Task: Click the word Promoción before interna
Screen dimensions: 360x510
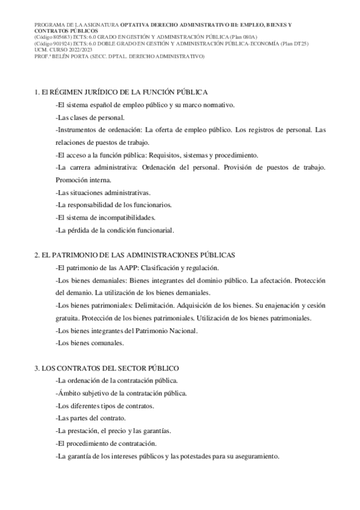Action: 71,180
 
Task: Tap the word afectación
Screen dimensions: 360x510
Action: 284,280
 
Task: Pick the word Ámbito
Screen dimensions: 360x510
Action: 70,393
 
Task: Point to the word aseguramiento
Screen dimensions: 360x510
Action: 253,456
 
